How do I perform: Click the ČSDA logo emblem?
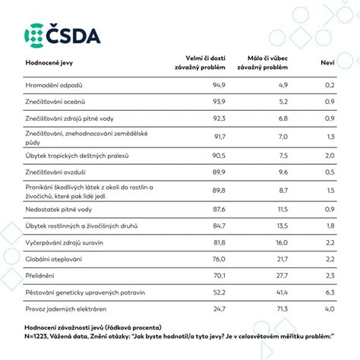(34, 36)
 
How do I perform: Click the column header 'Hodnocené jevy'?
(49, 63)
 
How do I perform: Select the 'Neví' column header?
(327, 63)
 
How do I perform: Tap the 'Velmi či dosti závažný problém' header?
(200, 63)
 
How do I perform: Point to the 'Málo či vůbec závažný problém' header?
(263, 63)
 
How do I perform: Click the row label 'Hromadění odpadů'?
(54, 85)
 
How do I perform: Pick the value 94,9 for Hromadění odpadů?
(219, 85)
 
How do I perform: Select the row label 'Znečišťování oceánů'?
(55, 102)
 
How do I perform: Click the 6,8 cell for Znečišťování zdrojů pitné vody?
(283, 118)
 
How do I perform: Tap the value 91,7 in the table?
(219, 137)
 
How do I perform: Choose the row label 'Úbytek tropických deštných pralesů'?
(77, 156)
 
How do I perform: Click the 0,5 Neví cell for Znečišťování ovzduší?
(330, 172)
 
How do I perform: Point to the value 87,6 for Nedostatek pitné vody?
(219, 210)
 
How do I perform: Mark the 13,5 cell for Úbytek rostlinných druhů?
(283, 226)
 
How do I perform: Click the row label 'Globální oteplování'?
(54, 259)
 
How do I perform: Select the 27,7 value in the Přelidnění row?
(282, 276)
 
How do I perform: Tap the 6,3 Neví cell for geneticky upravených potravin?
(330, 292)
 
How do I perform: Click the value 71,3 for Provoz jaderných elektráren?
(282, 309)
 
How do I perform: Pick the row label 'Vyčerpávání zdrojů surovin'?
(65, 243)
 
